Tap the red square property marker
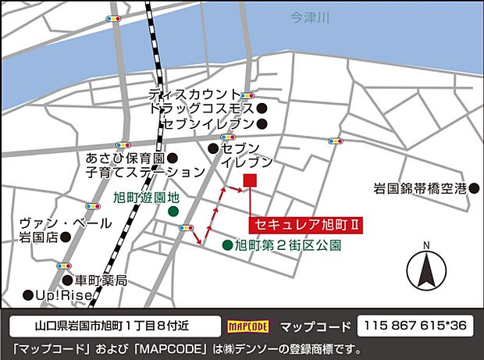(x=251, y=181)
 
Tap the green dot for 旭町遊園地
(x=173, y=212)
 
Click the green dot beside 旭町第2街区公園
(x=226, y=245)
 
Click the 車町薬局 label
(x=100, y=280)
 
